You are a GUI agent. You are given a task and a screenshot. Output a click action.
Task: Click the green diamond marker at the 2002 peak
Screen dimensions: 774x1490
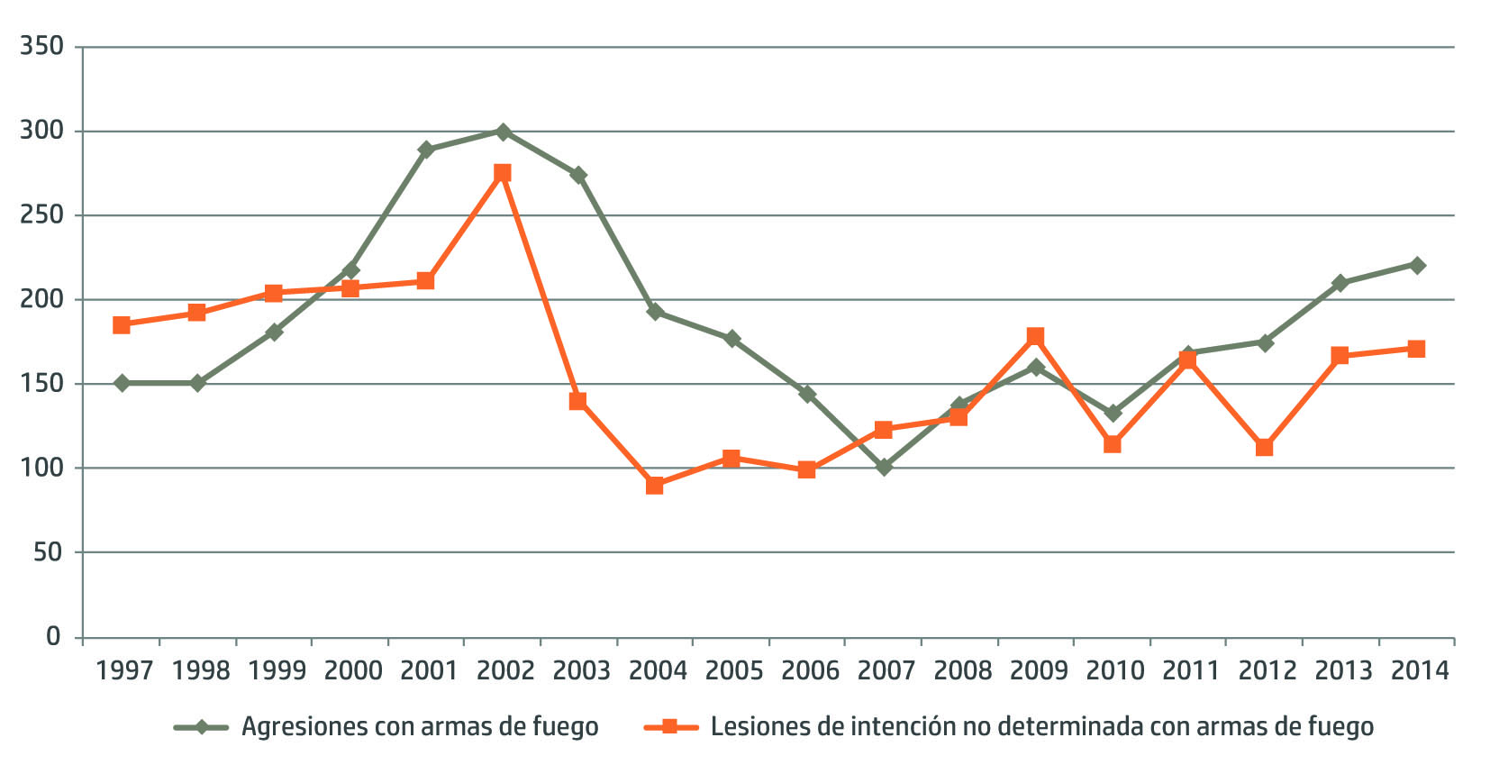click(x=503, y=132)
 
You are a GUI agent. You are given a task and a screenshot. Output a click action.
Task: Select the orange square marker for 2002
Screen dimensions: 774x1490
click(x=503, y=172)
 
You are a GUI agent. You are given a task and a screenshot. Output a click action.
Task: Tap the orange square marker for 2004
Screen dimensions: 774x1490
click(x=655, y=486)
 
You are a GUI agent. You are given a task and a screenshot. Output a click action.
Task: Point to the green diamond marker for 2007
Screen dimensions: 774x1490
click(x=884, y=467)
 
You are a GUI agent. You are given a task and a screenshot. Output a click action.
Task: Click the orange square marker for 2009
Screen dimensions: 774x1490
click(x=1035, y=336)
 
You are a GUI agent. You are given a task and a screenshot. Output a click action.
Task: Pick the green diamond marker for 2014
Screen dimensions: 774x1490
click(x=1417, y=265)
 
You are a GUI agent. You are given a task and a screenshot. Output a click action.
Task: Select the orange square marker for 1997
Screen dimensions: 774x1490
click(x=122, y=324)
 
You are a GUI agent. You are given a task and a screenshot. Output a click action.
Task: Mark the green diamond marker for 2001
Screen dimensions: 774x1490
click(x=426, y=150)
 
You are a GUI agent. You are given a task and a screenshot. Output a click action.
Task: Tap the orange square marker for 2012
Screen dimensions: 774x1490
click(x=1264, y=447)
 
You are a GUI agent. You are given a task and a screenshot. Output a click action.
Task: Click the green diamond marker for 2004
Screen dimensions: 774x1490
click(x=655, y=312)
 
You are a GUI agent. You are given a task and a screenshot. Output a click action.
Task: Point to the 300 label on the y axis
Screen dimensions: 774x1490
click(x=41, y=131)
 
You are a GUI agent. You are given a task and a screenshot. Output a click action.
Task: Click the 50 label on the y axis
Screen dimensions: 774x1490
click(x=48, y=552)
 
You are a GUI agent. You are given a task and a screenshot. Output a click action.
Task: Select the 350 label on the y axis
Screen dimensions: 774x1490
click(x=41, y=46)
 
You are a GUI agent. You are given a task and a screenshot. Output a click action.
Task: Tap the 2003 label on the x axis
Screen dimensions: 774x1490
click(x=581, y=670)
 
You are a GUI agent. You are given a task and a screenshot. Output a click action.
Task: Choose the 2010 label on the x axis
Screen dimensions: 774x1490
click(x=1114, y=670)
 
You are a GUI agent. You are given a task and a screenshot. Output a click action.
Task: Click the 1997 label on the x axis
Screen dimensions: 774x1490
click(x=123, y=670)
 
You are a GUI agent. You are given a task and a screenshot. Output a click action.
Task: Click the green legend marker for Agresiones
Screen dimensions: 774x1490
click(x=201, y=726)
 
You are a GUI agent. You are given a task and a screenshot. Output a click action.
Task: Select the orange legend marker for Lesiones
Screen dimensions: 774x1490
click(x=670, y=726)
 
